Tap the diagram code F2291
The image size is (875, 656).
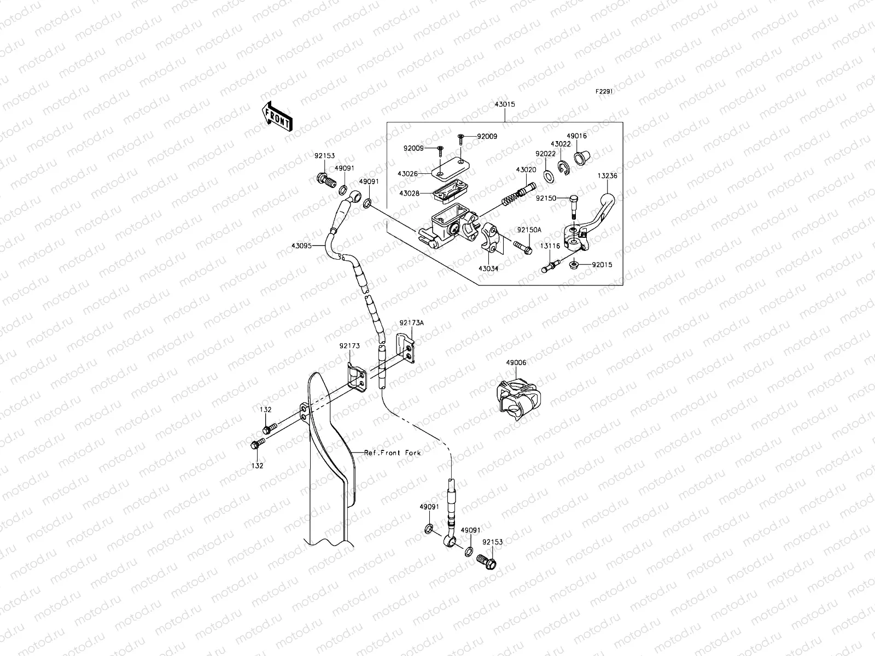(x=604, y=92)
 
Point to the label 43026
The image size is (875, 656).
(x=407, y=174)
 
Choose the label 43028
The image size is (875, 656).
(x=410, y=194)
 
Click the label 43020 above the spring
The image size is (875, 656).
(x=526, y=170)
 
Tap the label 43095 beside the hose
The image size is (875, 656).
(x=301, y=246)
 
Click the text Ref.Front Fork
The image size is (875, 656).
(x=393, y=453)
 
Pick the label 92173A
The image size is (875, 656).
(x=411, y=323)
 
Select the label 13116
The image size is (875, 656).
(x=550, y=246)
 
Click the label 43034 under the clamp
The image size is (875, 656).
(x=489, y=268)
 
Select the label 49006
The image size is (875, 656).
(x=516, y=362)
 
